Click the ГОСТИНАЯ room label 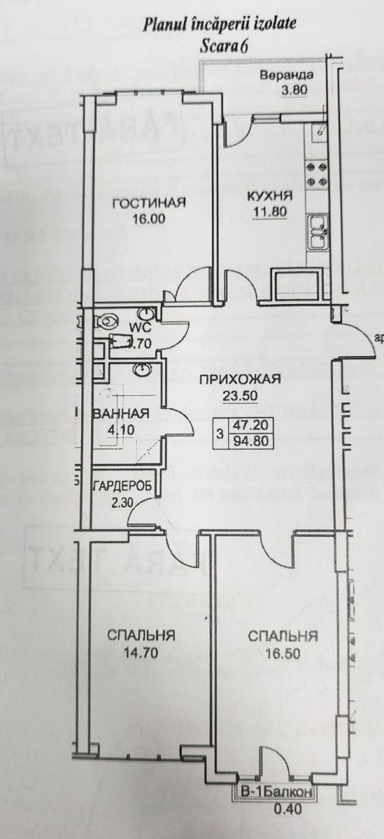tap(149, 203)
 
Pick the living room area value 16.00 tap(148, 217)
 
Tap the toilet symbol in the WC tap(107, 322)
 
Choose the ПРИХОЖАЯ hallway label tap(240, 380)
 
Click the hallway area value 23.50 tap(240, 395)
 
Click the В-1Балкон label tap(276, 792)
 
